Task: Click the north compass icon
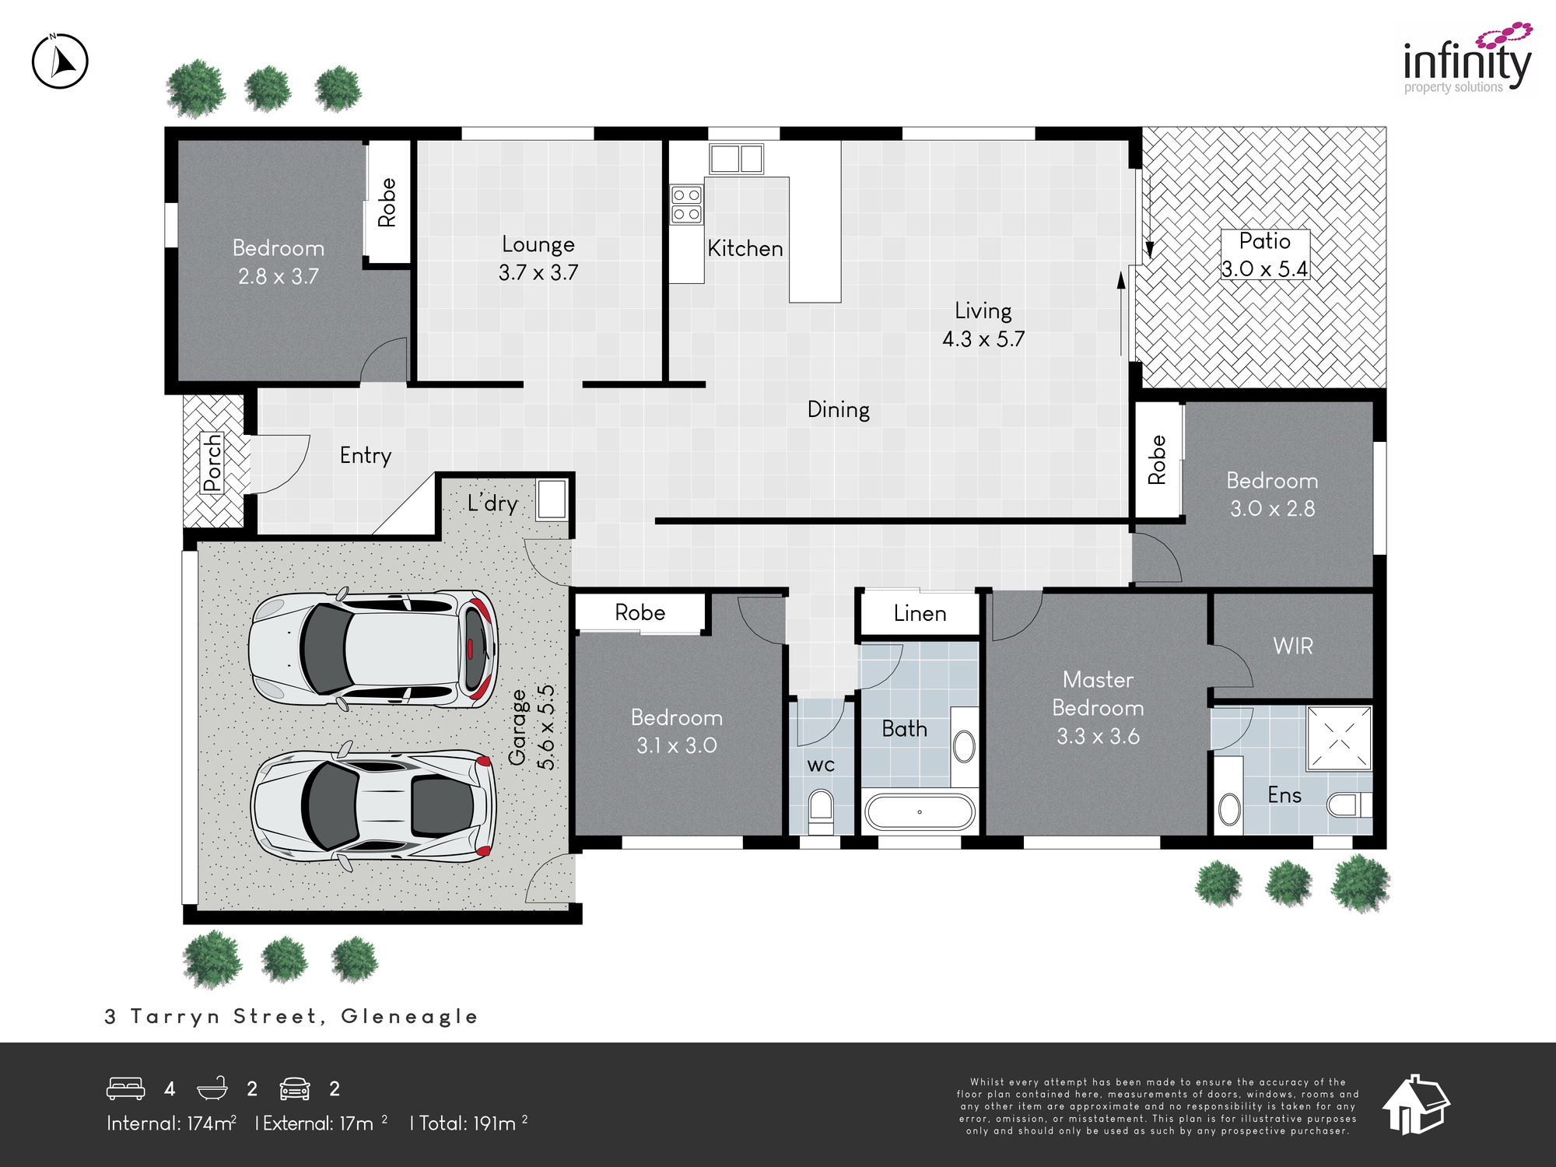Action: (x=60, y=61)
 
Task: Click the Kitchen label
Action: (x=745, y=249)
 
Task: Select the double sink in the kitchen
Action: (x=736, y=159)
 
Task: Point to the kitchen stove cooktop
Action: (x=687, y=204)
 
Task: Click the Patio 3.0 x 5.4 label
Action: (x=1265, y=255)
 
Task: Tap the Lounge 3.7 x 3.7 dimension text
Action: (x=538, y=273)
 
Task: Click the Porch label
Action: (x=212, y=464)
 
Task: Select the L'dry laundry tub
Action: (x=552, y=499)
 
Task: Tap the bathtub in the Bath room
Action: (x=920, y=811)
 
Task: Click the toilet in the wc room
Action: (x=821, y=809)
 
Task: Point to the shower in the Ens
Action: (x=1339, y=738)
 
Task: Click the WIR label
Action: (x=1293, y=646)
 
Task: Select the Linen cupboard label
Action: (x=920, y=614)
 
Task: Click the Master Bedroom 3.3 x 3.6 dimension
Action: (x=1098, y=736)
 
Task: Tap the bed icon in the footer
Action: (x=126, y=1088)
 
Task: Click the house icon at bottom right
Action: (x=1416, y=1105)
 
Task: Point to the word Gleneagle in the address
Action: (x=409, y=1017)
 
